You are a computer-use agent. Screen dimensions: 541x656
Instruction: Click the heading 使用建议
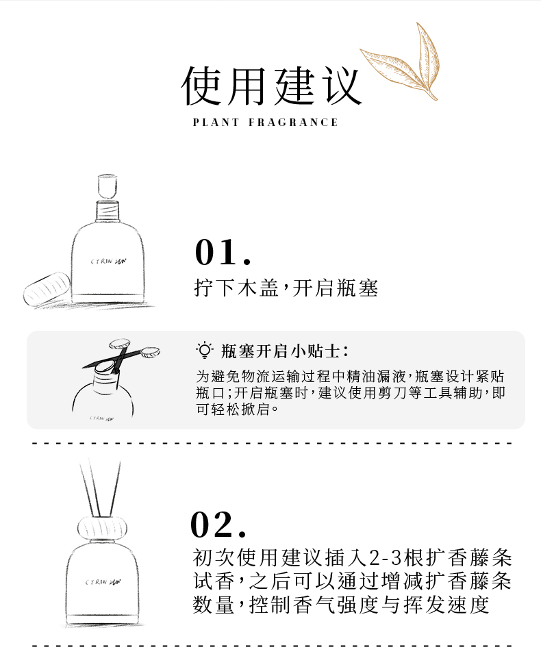coord(271,86)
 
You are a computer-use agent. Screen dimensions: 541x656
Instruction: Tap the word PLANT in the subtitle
coord(216,123)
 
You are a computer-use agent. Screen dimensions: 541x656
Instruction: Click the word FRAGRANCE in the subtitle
coord(293,123)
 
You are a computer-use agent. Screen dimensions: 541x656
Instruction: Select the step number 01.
coord(223,252)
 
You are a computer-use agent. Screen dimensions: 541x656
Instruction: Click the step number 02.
coord(218,524)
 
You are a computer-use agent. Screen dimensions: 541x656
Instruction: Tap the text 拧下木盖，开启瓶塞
coord(286,288)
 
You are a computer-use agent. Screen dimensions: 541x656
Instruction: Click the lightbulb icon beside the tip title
coord(205,350)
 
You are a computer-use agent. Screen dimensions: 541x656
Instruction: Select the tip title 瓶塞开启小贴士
coord(284,351)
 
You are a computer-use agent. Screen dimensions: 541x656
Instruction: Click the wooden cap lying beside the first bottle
coord(47,288)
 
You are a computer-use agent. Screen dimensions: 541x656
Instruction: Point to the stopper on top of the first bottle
coord(107,186)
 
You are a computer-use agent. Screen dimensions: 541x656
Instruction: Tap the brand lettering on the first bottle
coord(109,262)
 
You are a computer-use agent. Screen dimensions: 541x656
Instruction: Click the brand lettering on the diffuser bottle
coord(103,582)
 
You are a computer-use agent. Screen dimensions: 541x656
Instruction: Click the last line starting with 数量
coord(340,605)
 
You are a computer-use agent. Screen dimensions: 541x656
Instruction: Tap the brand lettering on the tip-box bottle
coord(101,418)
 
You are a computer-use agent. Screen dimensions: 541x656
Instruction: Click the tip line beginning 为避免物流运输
coord(350,377)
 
